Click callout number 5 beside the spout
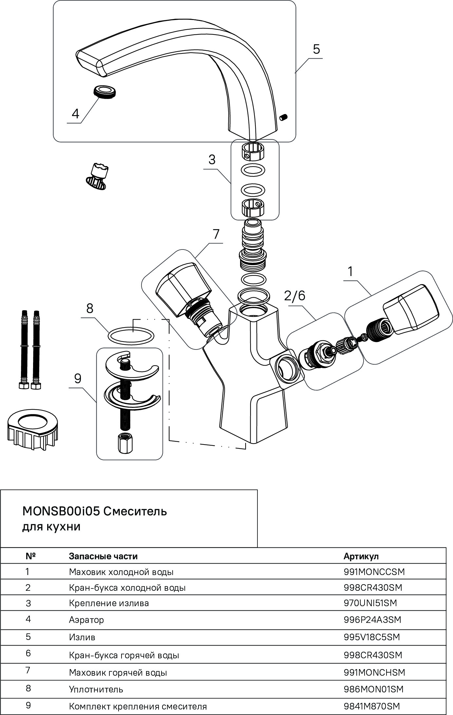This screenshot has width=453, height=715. click(x=316, y=49)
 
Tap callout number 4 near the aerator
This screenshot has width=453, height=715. click(x=75, y=114)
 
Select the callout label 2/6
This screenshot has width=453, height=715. click(x=294, y=296)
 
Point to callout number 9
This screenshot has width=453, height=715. click(x=78, y=379)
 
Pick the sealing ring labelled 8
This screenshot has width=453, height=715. click(x=131, y=336)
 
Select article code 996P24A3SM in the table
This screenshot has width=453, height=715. click(x=372, y=620)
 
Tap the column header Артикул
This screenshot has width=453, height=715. click(x=361, y=556)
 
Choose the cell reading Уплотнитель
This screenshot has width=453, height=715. click(x=96, y=689)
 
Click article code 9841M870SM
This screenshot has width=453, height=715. click(x=372, y=706)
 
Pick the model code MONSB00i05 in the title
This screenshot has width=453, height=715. click(x=61, y=511)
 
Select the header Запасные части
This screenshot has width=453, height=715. click(x=103, y=556)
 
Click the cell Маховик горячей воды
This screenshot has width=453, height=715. click(x=118, y=673)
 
